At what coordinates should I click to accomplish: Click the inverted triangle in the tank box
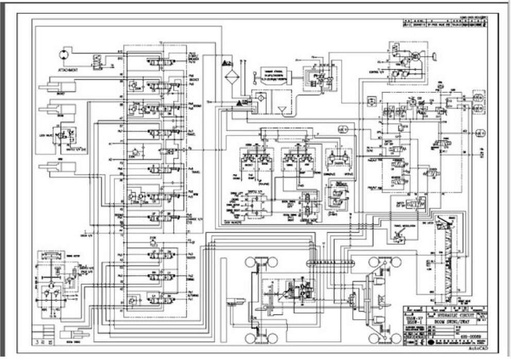pos(281,110)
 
